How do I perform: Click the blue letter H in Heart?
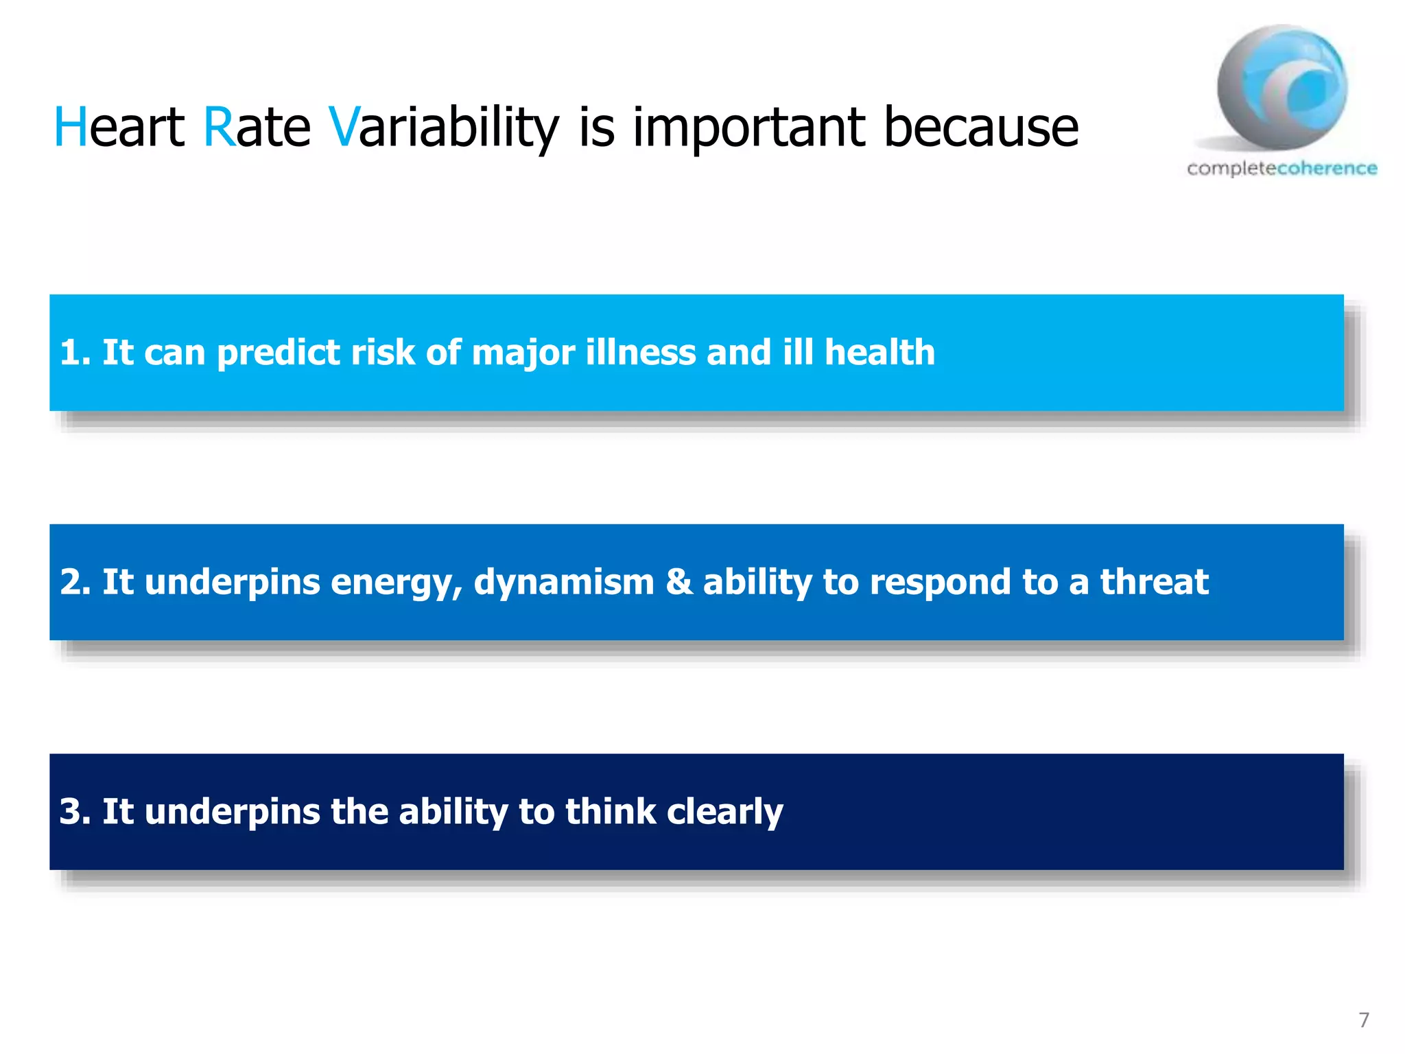pyautogui.click(x=71, y=128)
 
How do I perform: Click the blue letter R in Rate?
pyautogui.click(x=220, y=128)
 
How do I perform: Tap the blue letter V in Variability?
pyautogui.click(x=343, y=128)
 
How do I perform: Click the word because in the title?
pyautogui.click(x=981, y=128)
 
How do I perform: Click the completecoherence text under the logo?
pyautogui.click(x=1282, y=168)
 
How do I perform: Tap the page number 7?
pyautogui.click(x=1364, y=1020)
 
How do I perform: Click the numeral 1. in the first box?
pyautogui.click(x=75, y=353)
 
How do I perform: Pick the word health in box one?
pyautogui.click(x=879, y=353)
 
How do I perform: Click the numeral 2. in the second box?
pyautogui.click(x=75, y=582)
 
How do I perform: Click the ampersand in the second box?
pyautogui.click(x=679, y=582)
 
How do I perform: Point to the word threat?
pyautogui.click(x=1154, y=582)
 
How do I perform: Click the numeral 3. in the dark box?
pyautogui.click(x=75, y=812)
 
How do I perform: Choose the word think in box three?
pyautogui.click(x=611, y=812)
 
